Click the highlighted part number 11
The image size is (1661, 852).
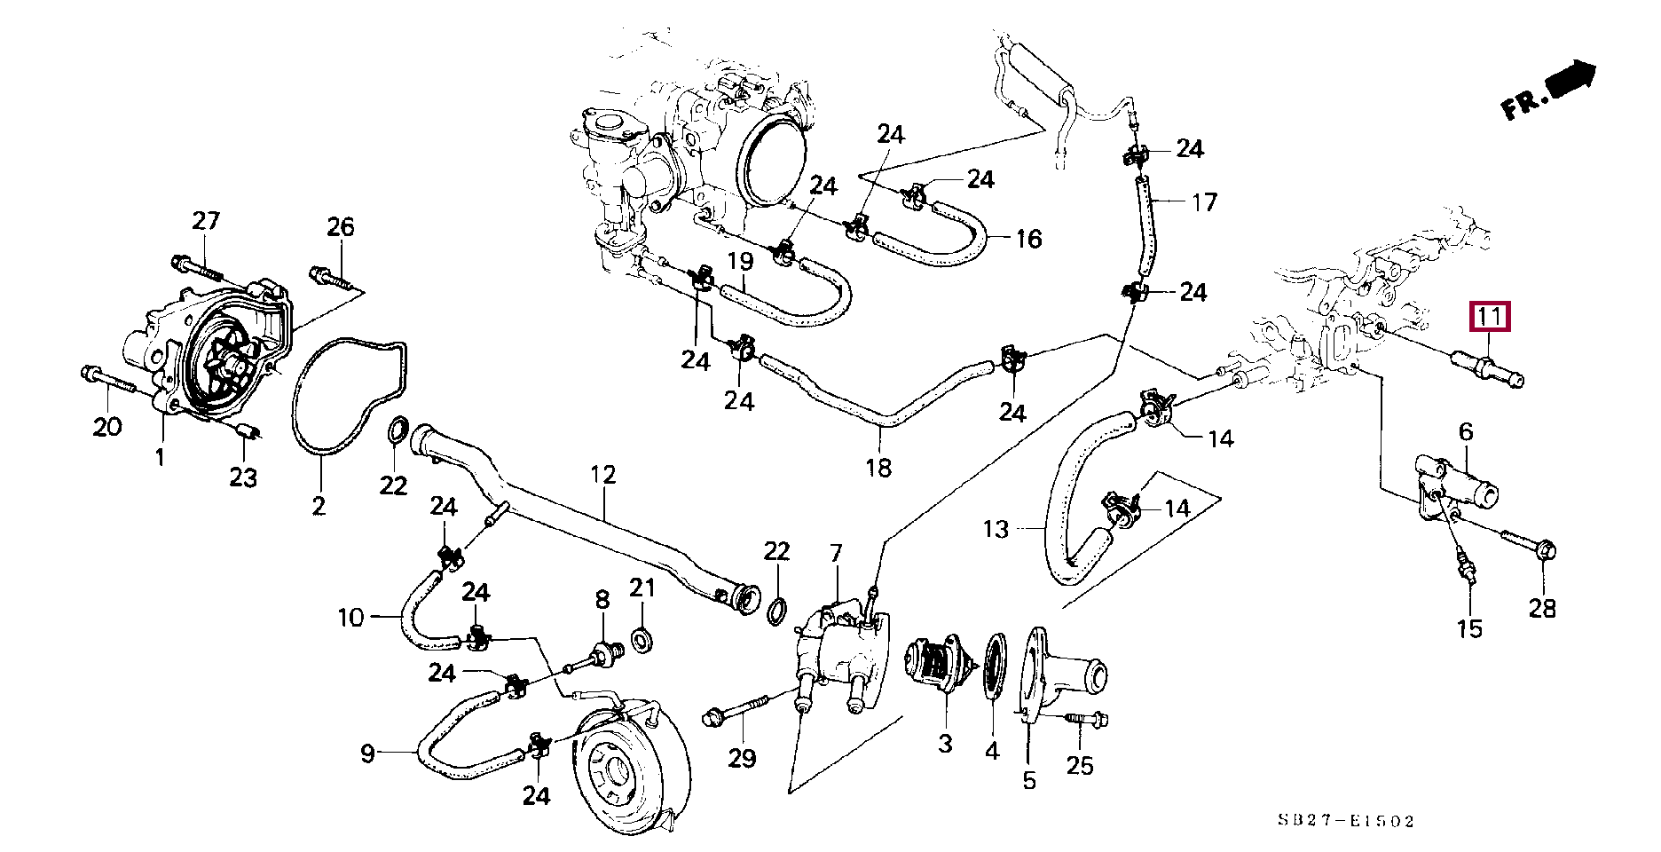[1490, 316]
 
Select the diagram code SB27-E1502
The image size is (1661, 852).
[1346, 821]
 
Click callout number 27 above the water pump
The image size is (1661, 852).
[206, 221]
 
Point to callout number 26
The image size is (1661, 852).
[341, 227]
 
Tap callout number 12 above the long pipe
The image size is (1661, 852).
[602, 475]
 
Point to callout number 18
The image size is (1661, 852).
[878, 468]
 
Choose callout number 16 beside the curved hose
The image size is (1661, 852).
[1028, 239]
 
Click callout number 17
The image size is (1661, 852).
[1204, 202]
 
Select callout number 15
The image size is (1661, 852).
[1469, 628]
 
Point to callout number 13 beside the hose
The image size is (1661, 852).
[996, 530]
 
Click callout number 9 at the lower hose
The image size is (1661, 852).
[367, 753]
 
